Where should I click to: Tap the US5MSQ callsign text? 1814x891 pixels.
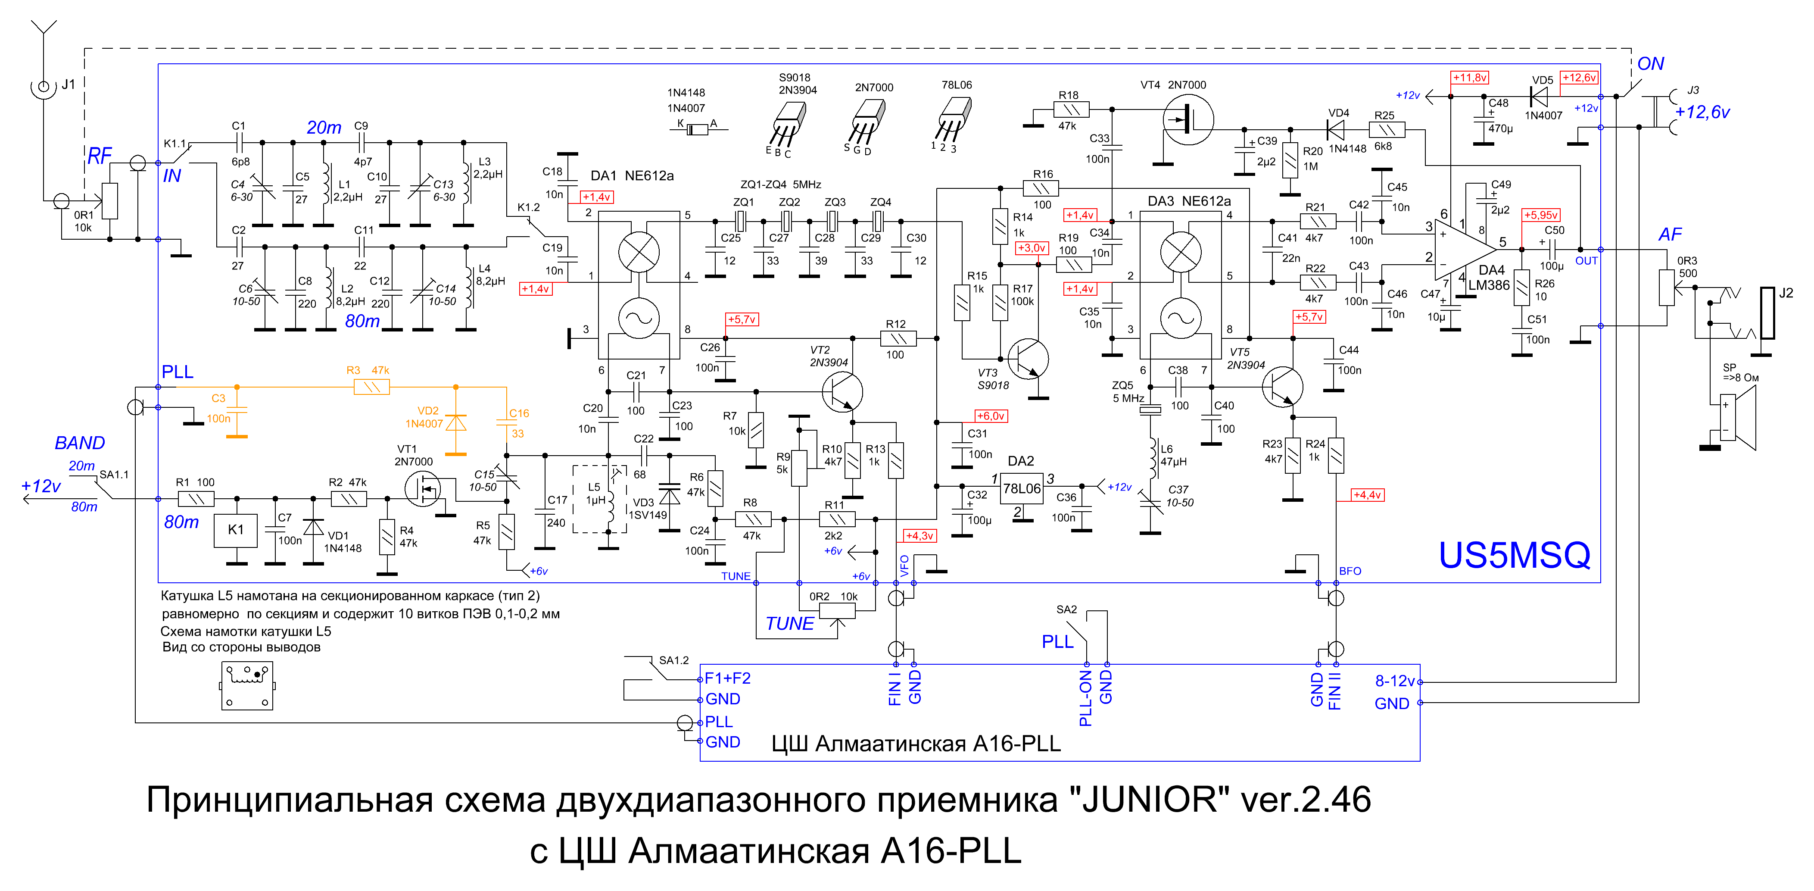point(1514,555)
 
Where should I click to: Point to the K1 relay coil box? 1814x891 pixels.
point(236,530)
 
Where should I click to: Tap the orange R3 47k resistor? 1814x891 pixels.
point(371,387)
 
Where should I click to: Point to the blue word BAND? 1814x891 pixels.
point(80,443)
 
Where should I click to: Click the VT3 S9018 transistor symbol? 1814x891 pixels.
point(1028,359)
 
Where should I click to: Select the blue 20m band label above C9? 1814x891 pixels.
point(324,128)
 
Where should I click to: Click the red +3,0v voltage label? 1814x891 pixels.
point(1032,248)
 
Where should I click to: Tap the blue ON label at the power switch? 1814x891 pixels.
point(1651,64)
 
